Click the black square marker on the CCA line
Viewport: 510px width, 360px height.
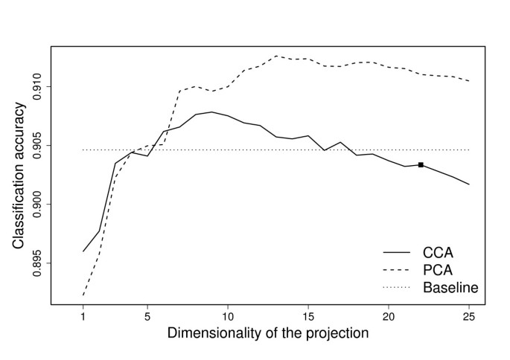point(421,165)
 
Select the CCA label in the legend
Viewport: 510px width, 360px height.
point(438,251)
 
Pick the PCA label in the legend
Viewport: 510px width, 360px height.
point(438,269)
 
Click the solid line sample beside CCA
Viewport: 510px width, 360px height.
point(398,251)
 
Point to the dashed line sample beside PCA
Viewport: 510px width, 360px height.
point(398,269)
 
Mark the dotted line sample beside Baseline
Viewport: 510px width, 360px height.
point(398,287)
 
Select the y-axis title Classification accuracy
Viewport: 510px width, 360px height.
point(18,175)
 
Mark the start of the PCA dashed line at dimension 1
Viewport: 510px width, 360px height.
point(83,295)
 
